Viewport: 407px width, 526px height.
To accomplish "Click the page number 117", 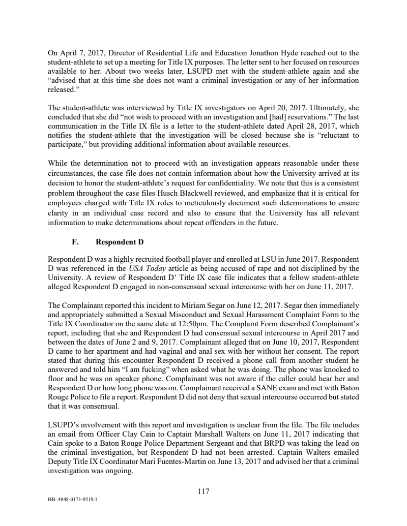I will click(203, 491).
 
